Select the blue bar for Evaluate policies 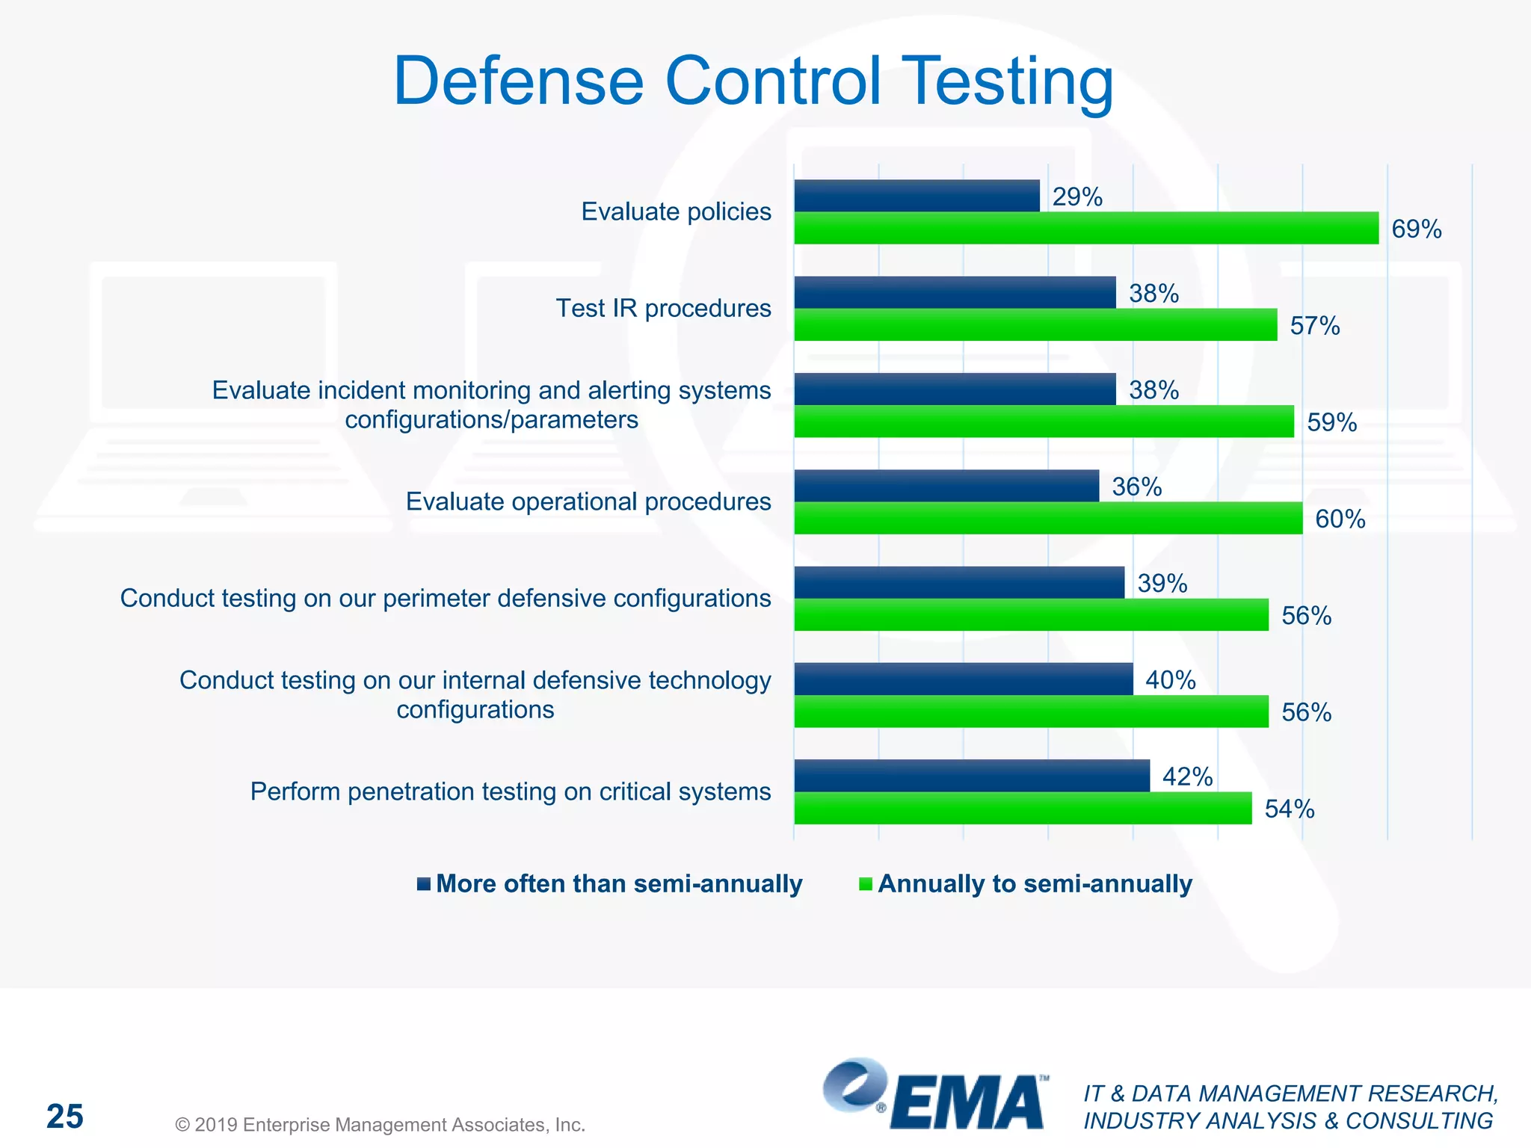(916, 196)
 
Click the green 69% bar (1085, 228)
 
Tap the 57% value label (1314, 326)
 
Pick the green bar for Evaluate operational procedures (1047, 518)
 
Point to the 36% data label (1136, 487)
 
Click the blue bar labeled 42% (971, 776)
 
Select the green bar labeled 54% (1022, 808)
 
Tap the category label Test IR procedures (662, 308)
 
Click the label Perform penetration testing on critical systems (510, 791)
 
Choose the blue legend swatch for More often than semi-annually (424, 883)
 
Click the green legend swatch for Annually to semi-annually (866, 883)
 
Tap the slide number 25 (65, 1117)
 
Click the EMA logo (934, 1096)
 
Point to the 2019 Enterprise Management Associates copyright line (380, 1125)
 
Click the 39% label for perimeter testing (1162, 583)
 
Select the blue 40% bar (963, 679)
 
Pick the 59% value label (1331, 422)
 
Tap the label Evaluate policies (676, 212)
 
